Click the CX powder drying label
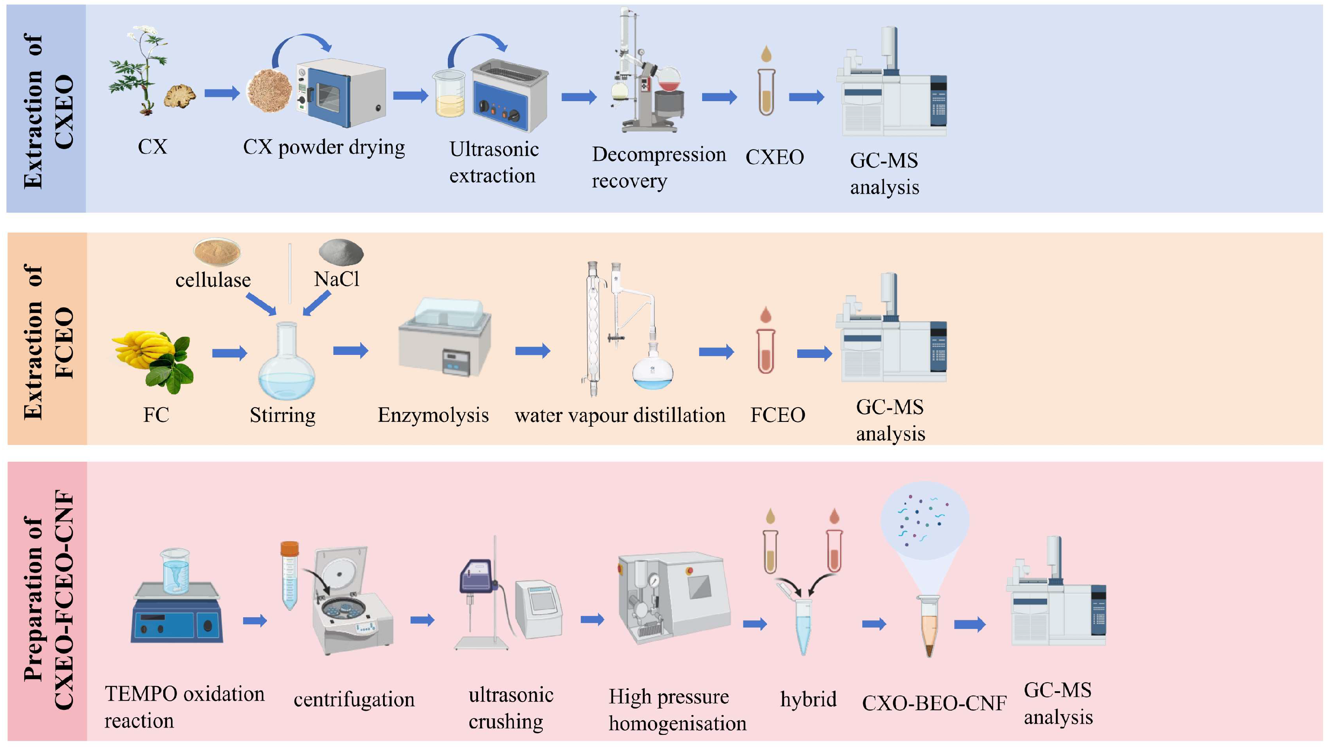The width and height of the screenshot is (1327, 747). pos(324,147)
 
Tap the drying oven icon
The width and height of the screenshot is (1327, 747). pos(341,94)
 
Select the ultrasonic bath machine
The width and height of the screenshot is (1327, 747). pos(510,96)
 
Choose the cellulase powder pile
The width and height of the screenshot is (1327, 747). pos(217,251)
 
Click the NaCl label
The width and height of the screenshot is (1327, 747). pos(336,279)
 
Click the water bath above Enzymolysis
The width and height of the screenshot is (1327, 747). pos(444,338)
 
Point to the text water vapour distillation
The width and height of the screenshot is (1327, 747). pos(620,415)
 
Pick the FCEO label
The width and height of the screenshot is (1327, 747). pos(777,415)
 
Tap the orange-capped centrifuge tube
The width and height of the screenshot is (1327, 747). pos(289,575)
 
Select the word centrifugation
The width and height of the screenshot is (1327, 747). pos(354,699)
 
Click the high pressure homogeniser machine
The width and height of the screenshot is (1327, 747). pos(673,598)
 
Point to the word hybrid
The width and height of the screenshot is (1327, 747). pos(808,699)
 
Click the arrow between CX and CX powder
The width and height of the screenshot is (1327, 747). pos(222,93)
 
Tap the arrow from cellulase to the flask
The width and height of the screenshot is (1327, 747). pos(261,304)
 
